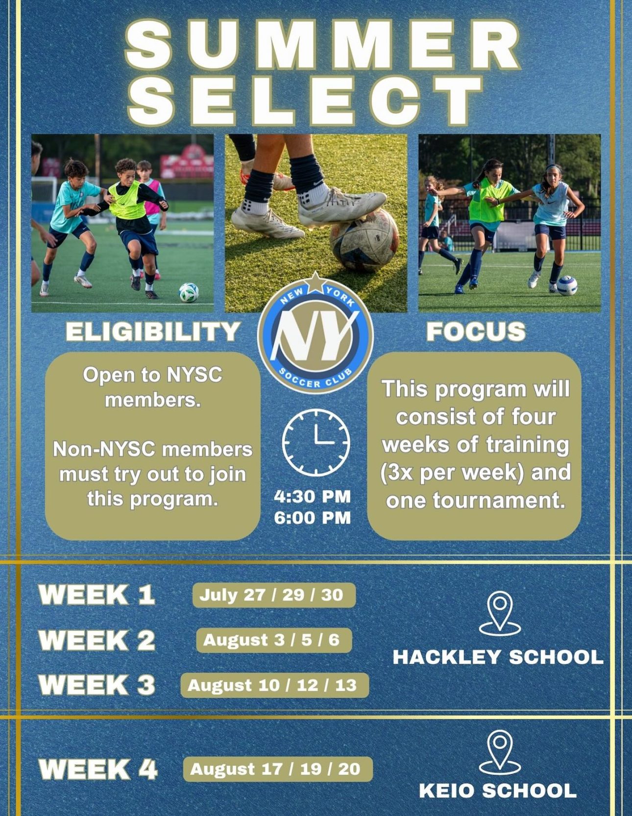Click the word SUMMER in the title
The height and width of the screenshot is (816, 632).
pyautogui.click(x=323, y=45)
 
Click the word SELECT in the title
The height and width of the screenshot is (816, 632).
pyautogui.click(x=306, y=99)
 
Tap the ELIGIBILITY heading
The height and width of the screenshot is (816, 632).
pyautogui.click(x=153, y=332)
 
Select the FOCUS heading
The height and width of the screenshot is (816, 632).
pyautogui.click(x=476, y=332)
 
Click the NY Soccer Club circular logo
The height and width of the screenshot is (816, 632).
pyautogui.click(x=316, y=333)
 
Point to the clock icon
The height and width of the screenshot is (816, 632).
pyautogui.click(x=316, y=443)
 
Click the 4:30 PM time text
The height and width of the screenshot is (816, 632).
pyautogui.click(x=313, y=496)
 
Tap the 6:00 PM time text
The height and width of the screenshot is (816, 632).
pyautogui.click(x=313, y=518)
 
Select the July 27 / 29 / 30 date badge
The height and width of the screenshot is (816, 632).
pyautogui.click(x=274, y=595)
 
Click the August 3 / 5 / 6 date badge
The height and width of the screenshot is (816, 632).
pyautogui.click(x=274, y=640)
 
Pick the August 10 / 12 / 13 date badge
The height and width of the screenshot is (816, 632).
pyautogui.click(x=274, y=685)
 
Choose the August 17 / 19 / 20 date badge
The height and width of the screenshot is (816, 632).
pyautogui.click(x=278, y=769)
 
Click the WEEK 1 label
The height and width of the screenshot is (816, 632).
pyautogui.click(x=97, y=595)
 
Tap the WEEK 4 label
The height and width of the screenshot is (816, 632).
pyautogui.click(x=98, y=769)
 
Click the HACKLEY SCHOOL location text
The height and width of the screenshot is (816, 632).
pyautogui.click(x=498, y=657)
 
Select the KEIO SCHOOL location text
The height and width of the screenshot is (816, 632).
pyautogui.click(x=498, y=791)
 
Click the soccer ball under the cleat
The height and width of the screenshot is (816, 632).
pyautogui.click(x=364, y=240)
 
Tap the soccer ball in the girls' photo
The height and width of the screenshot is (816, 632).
pyautogui.click(x=567, y=286)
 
